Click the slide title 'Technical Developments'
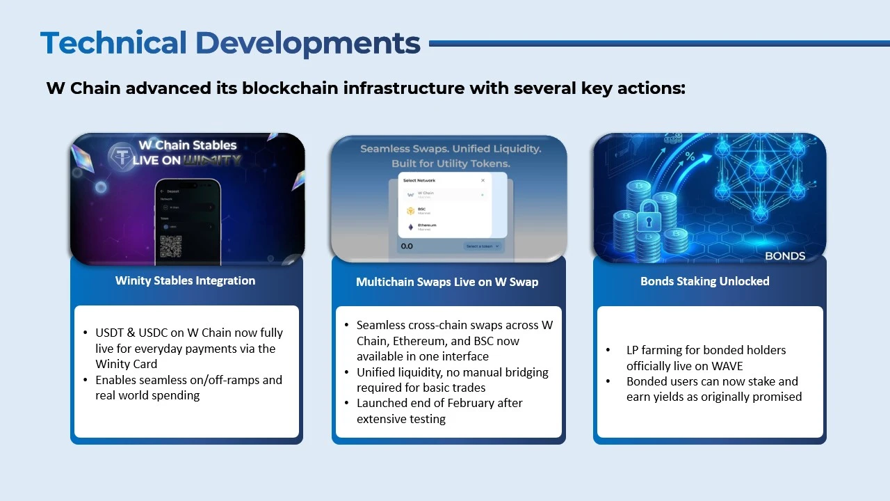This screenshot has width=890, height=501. pos(230,43)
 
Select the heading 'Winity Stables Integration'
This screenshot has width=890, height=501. pos(185,280)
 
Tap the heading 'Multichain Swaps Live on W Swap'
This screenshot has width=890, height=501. pos(447,282)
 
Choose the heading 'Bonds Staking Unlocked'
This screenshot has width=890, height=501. pos(704,281)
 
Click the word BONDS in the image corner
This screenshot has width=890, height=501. pos(784,255)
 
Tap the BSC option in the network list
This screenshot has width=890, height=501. pos(421,209)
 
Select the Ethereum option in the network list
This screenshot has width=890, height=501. pos(426,226)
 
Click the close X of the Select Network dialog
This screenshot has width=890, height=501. pos(483,180)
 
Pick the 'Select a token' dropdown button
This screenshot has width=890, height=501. pos(483,246)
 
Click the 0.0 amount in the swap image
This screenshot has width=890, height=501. pos(407,246)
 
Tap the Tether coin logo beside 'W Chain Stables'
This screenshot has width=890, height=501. pos(122,155)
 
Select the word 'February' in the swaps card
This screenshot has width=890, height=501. pos(501,403)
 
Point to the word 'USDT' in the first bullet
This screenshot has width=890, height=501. pos(110,333)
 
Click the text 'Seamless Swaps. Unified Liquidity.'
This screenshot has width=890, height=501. pos(450,149)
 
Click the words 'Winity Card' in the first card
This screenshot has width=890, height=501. pos(127,364)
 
